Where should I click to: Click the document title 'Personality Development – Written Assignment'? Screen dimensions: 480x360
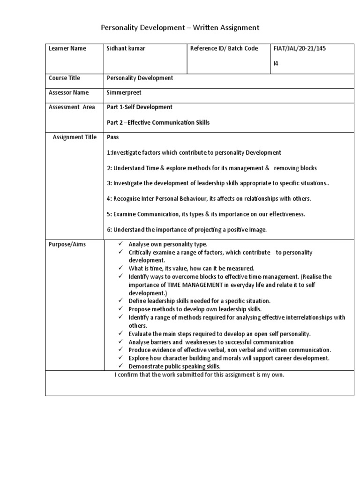point(180,28)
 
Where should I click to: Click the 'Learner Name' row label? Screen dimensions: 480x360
point(67,49)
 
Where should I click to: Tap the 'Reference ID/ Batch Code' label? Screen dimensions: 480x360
point(224,49)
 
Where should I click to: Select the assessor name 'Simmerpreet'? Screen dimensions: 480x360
point(124,93)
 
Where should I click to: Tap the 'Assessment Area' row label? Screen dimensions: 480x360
point(72,107)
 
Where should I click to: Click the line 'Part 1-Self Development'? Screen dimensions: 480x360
point(140,107)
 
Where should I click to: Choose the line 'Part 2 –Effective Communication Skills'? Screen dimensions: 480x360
point(158,123)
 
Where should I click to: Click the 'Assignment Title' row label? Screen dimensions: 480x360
point(75,137)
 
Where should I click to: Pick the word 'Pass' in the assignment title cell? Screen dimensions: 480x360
point(113,137)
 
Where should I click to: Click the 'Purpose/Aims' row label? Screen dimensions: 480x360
point(67,245)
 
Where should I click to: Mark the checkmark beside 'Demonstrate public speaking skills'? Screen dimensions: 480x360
point(120,366)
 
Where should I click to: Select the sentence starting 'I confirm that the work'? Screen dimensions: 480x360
point(200,375)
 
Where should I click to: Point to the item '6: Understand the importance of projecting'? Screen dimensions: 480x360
point(187,229)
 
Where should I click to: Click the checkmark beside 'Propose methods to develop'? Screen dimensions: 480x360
point(120,309)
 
